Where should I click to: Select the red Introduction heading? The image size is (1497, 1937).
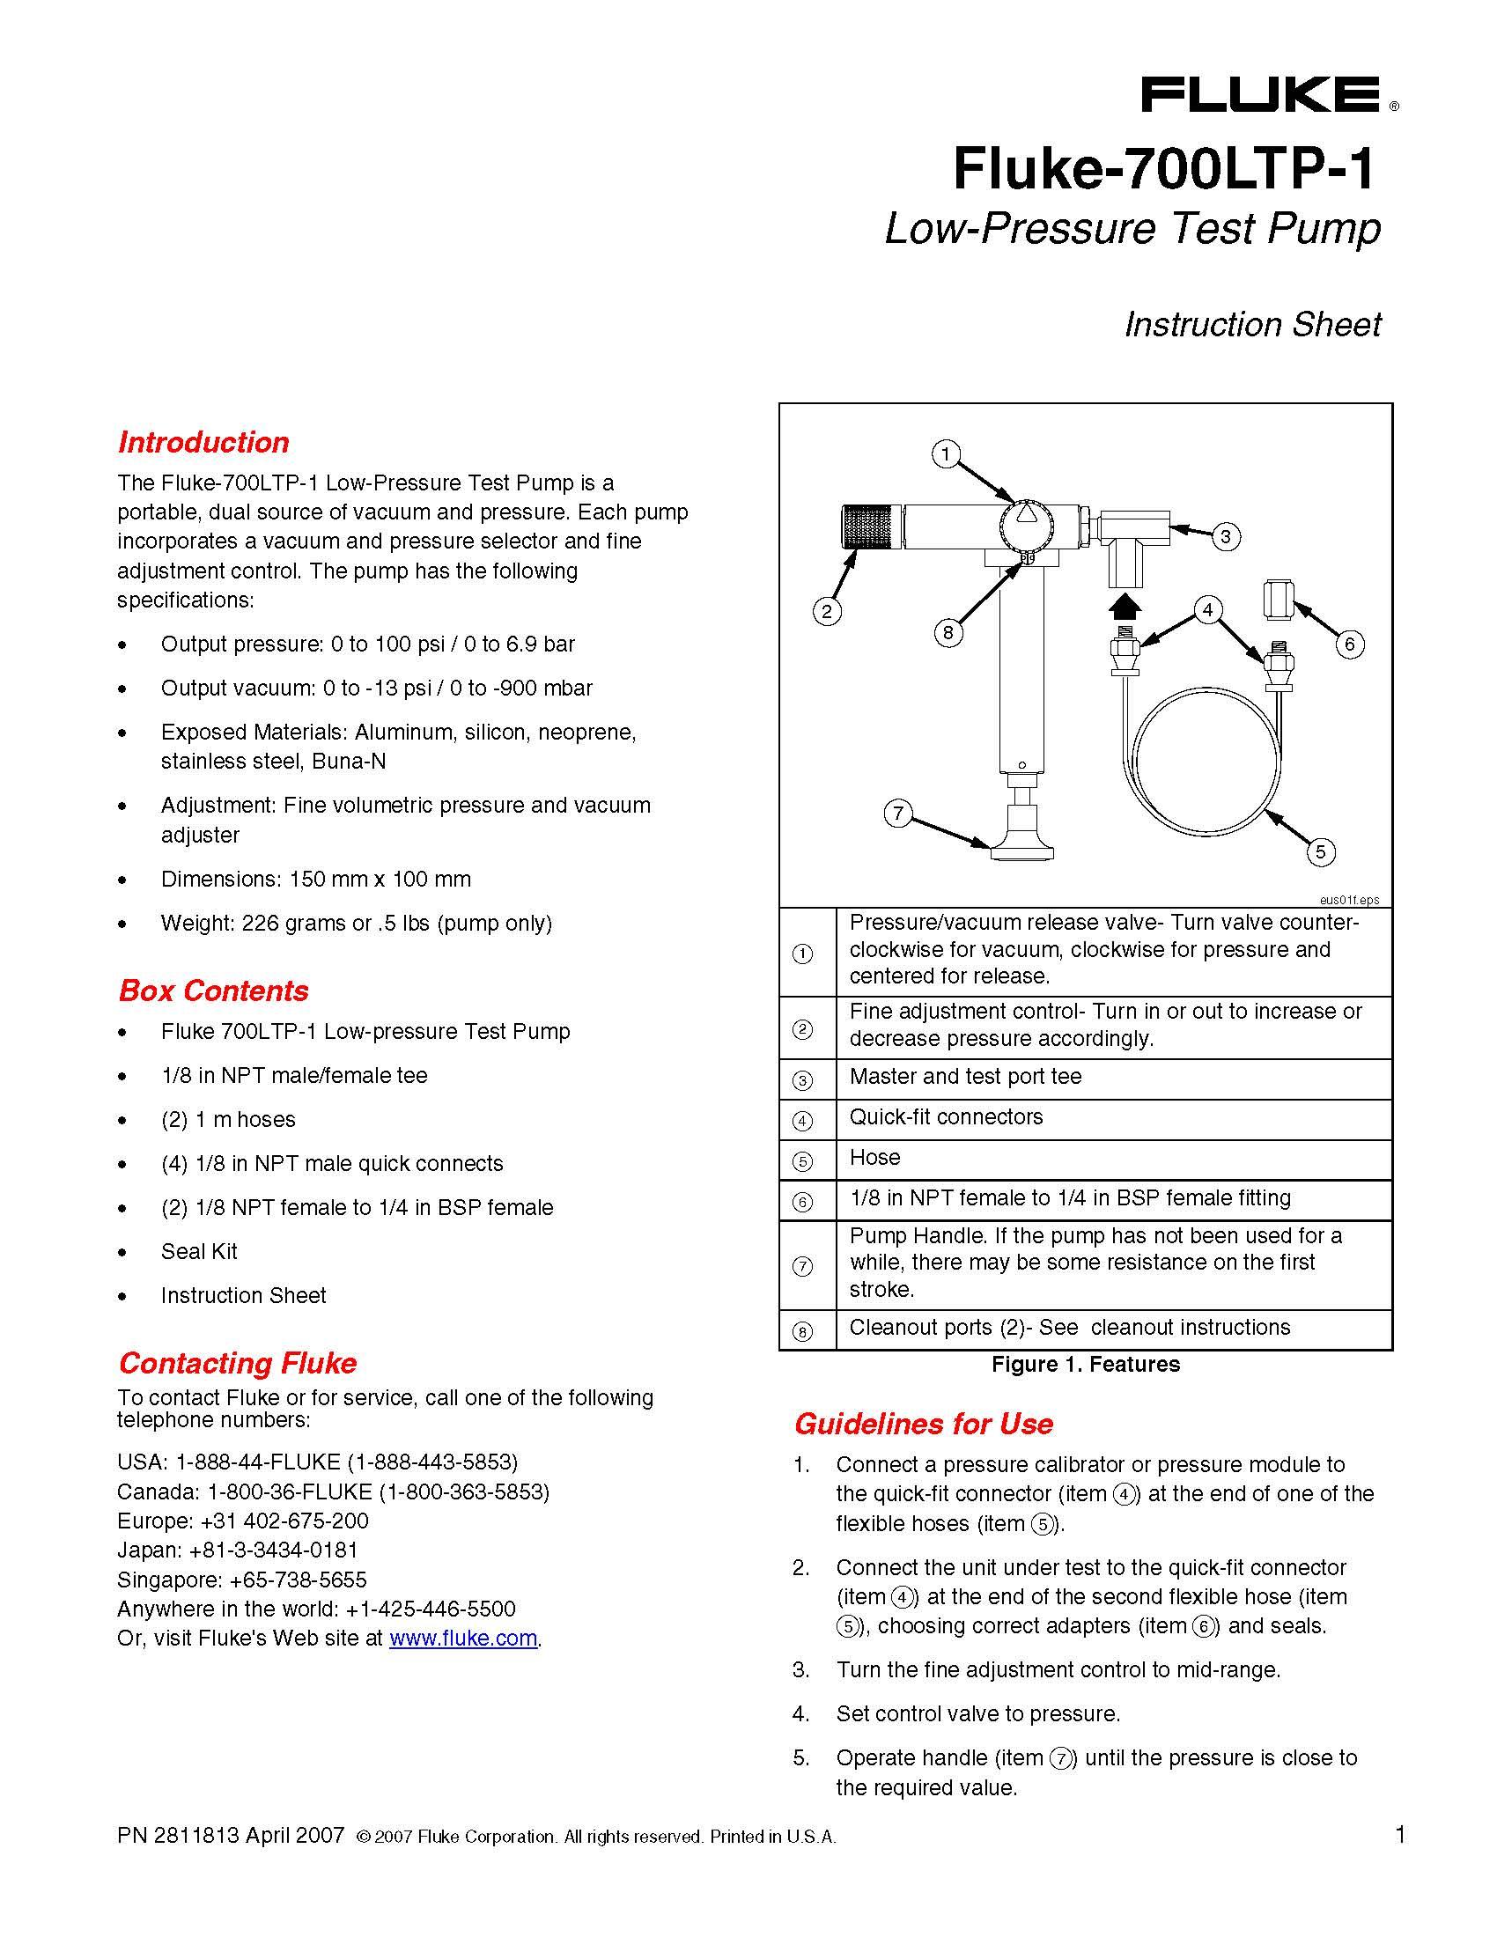click(x=203, y=443)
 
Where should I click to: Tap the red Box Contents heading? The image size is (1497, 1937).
click(x=213, y=991)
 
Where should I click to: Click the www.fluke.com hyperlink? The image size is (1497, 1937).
click(x=463, y=1639)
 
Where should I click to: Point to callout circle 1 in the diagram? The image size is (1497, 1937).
click(x=947, y=455)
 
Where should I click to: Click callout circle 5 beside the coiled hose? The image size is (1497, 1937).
click(x=1320, y=852)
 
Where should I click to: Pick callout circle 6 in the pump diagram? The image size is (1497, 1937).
click(x=1349, y=644)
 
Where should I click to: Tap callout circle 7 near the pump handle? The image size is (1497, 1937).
click(x=898, y=814)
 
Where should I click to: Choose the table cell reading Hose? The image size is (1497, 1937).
click(x=874, y=1158)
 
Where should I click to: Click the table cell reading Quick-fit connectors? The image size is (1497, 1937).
click(x=946, y=1116)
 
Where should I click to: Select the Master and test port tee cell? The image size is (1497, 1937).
click(x=965, y=1077)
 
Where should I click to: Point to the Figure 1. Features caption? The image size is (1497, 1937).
click(x=1086, y=1364)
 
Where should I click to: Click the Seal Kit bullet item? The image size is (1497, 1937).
click(x=199, y=1251)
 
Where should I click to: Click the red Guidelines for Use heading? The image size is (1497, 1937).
click(x=923, y=1424)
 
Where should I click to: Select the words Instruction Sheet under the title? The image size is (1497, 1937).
click(x=1252, y=325)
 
